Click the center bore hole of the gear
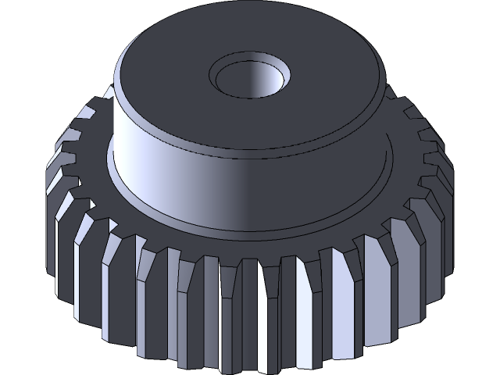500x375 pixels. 249,78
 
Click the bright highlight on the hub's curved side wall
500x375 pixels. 156,156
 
